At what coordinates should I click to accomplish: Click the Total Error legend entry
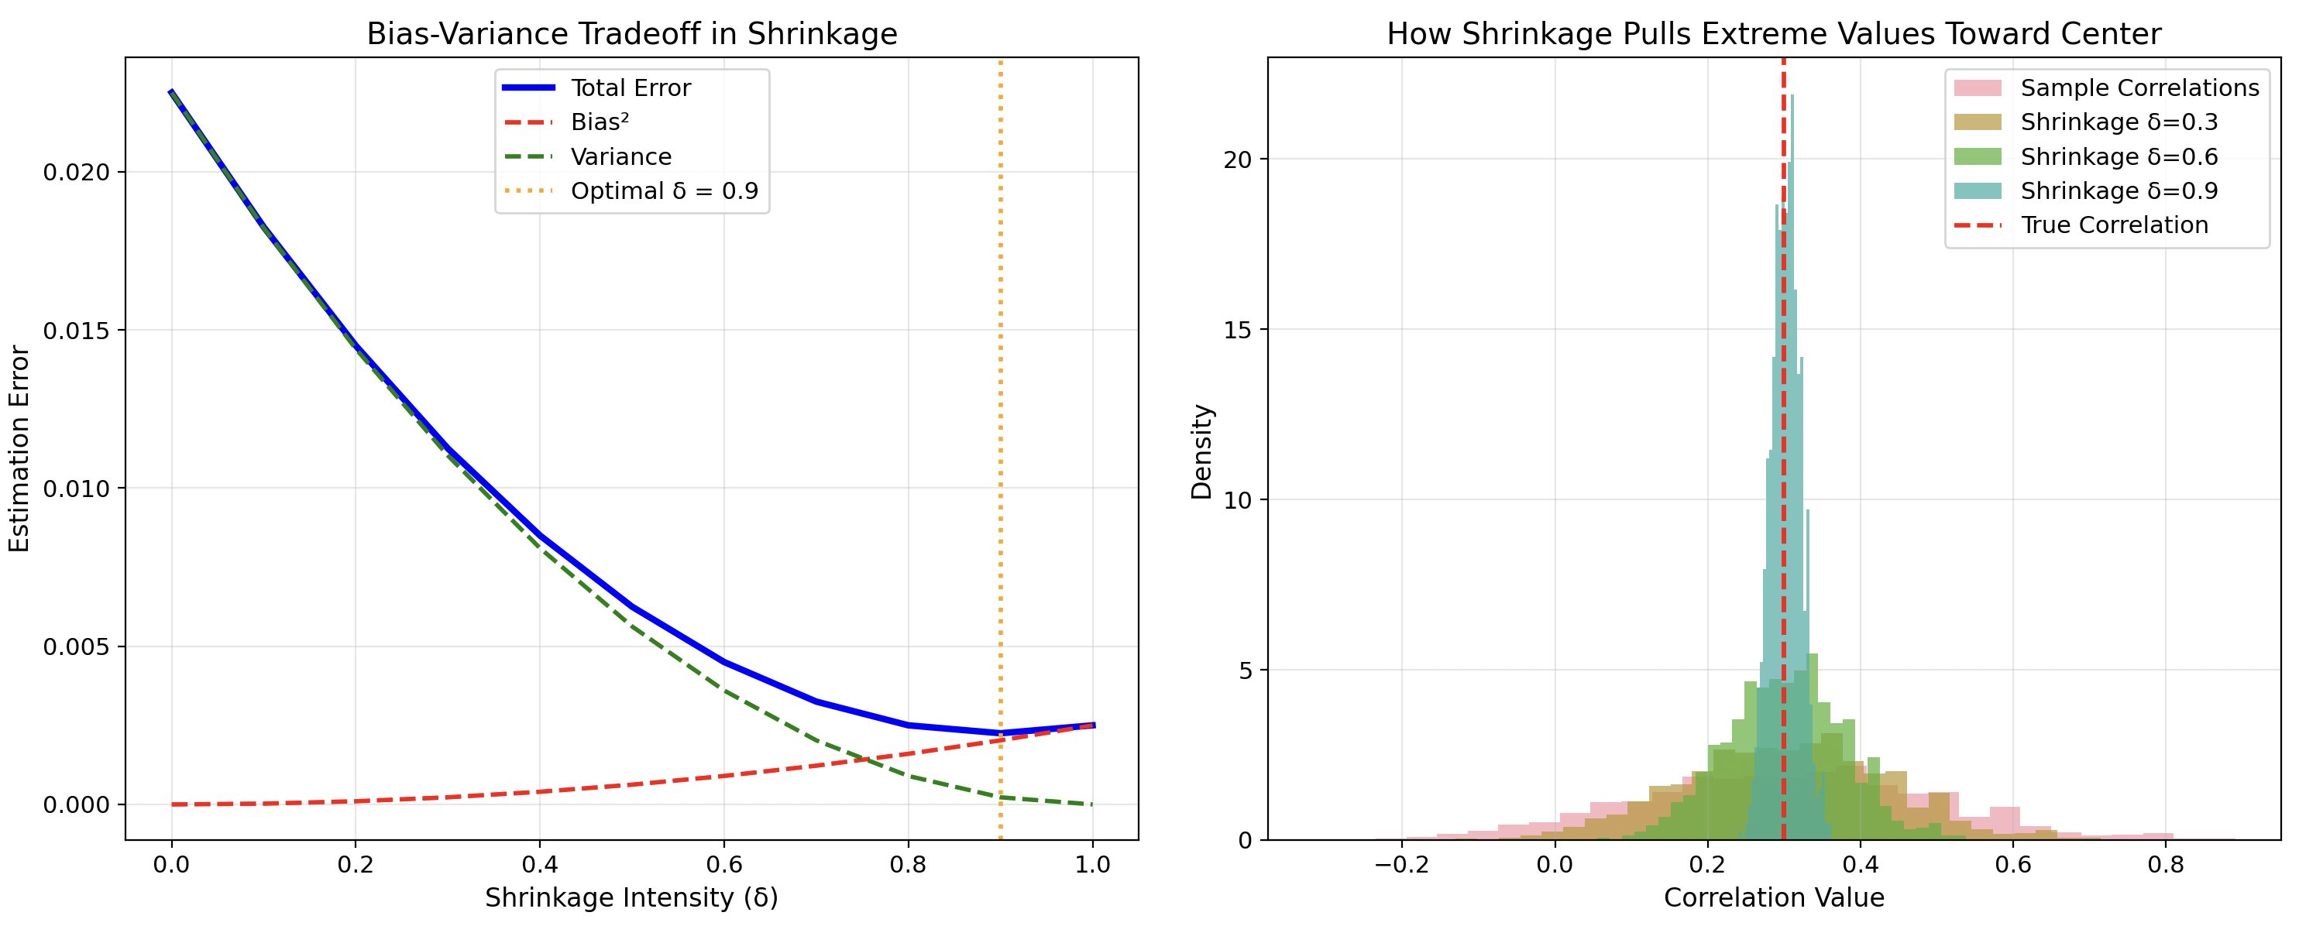click(630, 87)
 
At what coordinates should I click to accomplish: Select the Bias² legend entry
click(599, 122)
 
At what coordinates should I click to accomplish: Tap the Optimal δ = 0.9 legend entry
click(664, 191)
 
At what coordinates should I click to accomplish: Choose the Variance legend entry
click(620, 157)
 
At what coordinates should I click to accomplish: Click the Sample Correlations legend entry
click(2139, 87)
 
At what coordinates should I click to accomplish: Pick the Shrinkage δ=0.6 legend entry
click(2119, 157)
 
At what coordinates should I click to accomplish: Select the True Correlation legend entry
click(2113, 225)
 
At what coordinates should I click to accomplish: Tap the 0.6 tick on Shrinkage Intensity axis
click(723, 864)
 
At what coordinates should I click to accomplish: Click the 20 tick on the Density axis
click(1238, 159)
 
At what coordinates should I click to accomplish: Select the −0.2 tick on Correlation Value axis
click(1401, 864)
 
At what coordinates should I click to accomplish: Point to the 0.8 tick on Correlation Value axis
click(2165, 864)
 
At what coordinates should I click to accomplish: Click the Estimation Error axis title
click(19, 449)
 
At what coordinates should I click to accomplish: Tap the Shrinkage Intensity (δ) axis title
click(631, 898)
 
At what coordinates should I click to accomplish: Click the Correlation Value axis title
click(1773, 898)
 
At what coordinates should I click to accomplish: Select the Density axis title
click(1202, 451)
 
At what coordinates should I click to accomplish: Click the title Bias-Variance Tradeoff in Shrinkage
click(631, 34)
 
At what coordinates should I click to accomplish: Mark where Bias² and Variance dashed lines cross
click(863, 760)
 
